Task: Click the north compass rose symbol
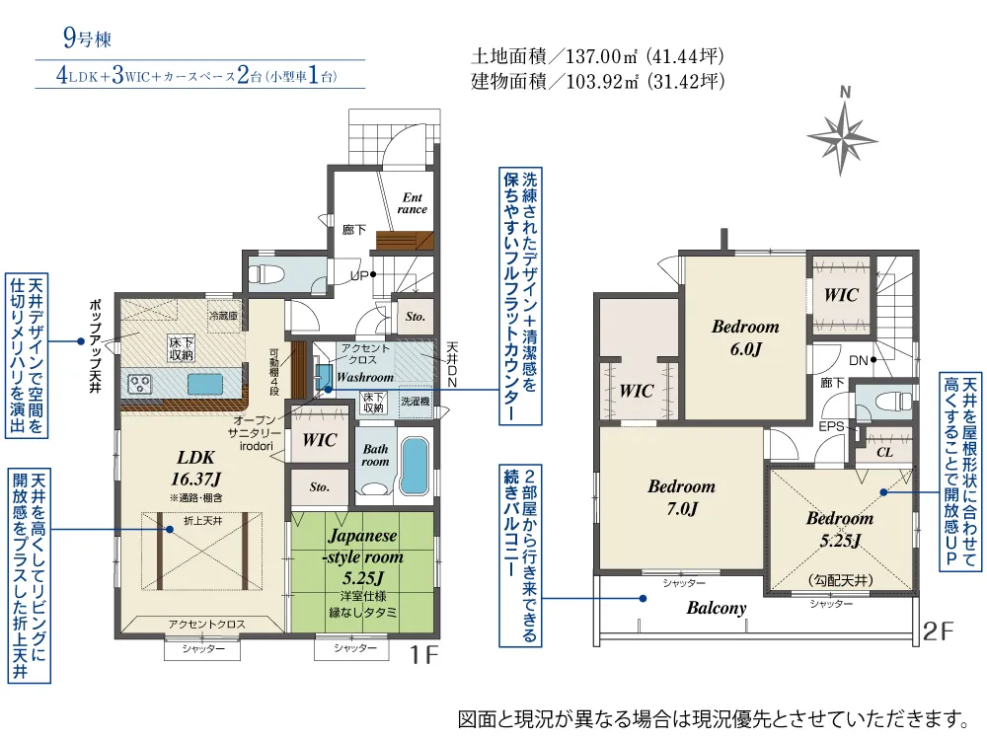click(x=843, y=132)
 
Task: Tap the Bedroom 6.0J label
click(x=745, y=336)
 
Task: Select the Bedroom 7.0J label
click(x=681, y=497)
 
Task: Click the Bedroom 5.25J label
click(x=839, y=528)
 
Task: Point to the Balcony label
click(x=717, y=608)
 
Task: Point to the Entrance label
click(x=412, y=203)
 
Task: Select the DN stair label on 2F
click(x=858, y=361)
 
